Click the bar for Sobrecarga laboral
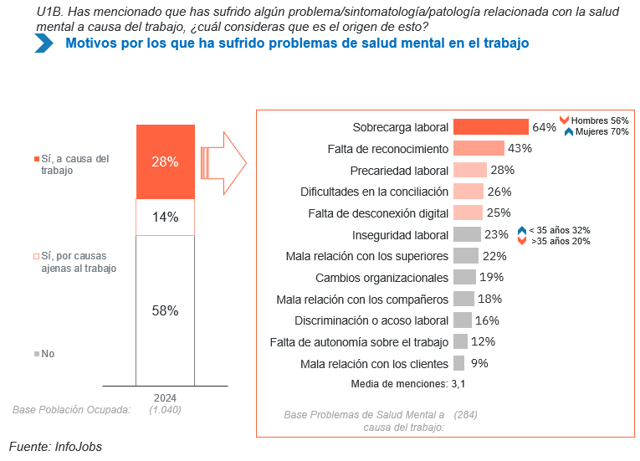(490, 127)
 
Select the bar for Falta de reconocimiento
(479, 148)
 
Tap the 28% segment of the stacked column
(165, 161)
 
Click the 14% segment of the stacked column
(165, 217)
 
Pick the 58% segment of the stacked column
(165, 310)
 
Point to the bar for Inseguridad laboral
(467, 234)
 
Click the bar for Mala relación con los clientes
(458, 363)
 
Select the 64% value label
(544, 127)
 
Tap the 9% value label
(479, 363)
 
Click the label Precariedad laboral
(400, 170)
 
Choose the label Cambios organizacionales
(382, 277)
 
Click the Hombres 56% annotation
(599, 120)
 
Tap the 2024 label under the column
(165, 397)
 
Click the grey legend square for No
(36, 355)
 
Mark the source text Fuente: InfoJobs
(55, 447)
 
